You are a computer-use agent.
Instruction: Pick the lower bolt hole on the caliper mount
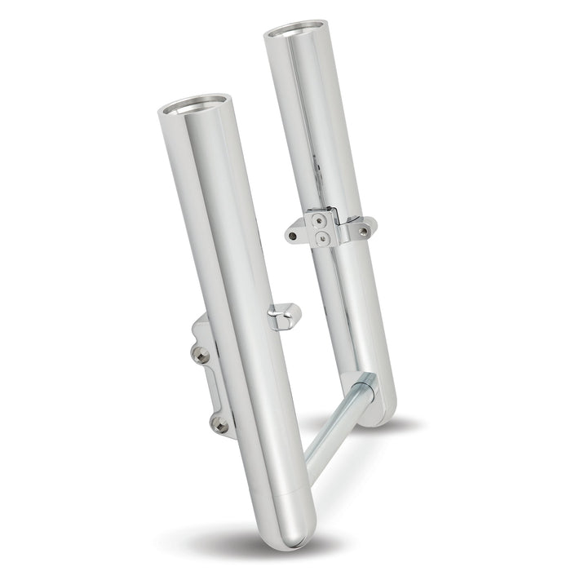point(219,422)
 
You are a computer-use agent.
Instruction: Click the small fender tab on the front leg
point(286,312)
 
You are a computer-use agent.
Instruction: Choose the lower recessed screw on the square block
point(324,237)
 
